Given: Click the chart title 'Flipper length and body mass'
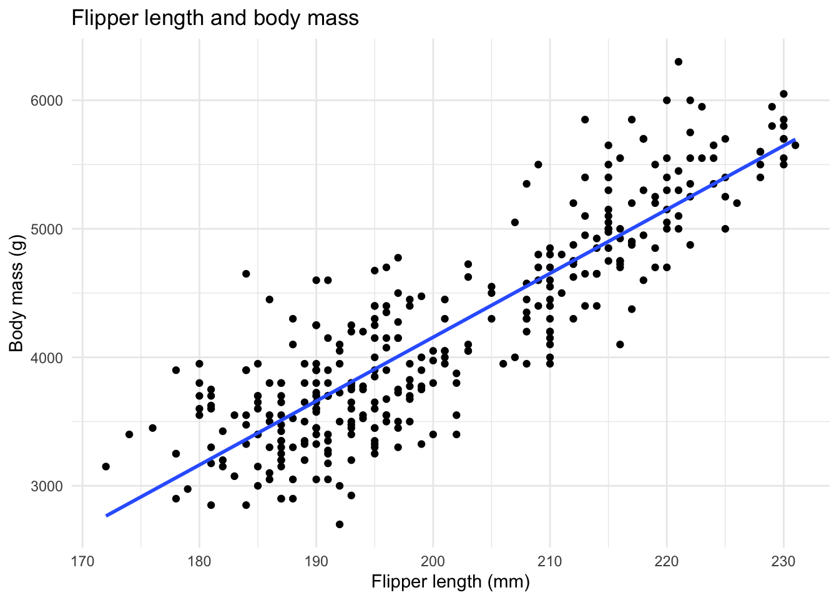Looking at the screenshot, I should click(215, 18).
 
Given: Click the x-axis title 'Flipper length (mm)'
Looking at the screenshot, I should click(450, 582).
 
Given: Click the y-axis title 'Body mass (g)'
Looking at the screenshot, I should click(17, 293).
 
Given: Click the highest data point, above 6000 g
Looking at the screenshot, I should click(679, 61).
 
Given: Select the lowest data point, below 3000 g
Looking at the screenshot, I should click(340, 524).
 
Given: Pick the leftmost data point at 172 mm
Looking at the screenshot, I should click(105, 466).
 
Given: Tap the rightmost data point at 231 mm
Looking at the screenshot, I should click(795, 145).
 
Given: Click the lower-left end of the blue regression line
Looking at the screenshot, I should click(107, 516).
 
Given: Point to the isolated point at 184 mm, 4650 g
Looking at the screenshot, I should click(246, 274).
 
